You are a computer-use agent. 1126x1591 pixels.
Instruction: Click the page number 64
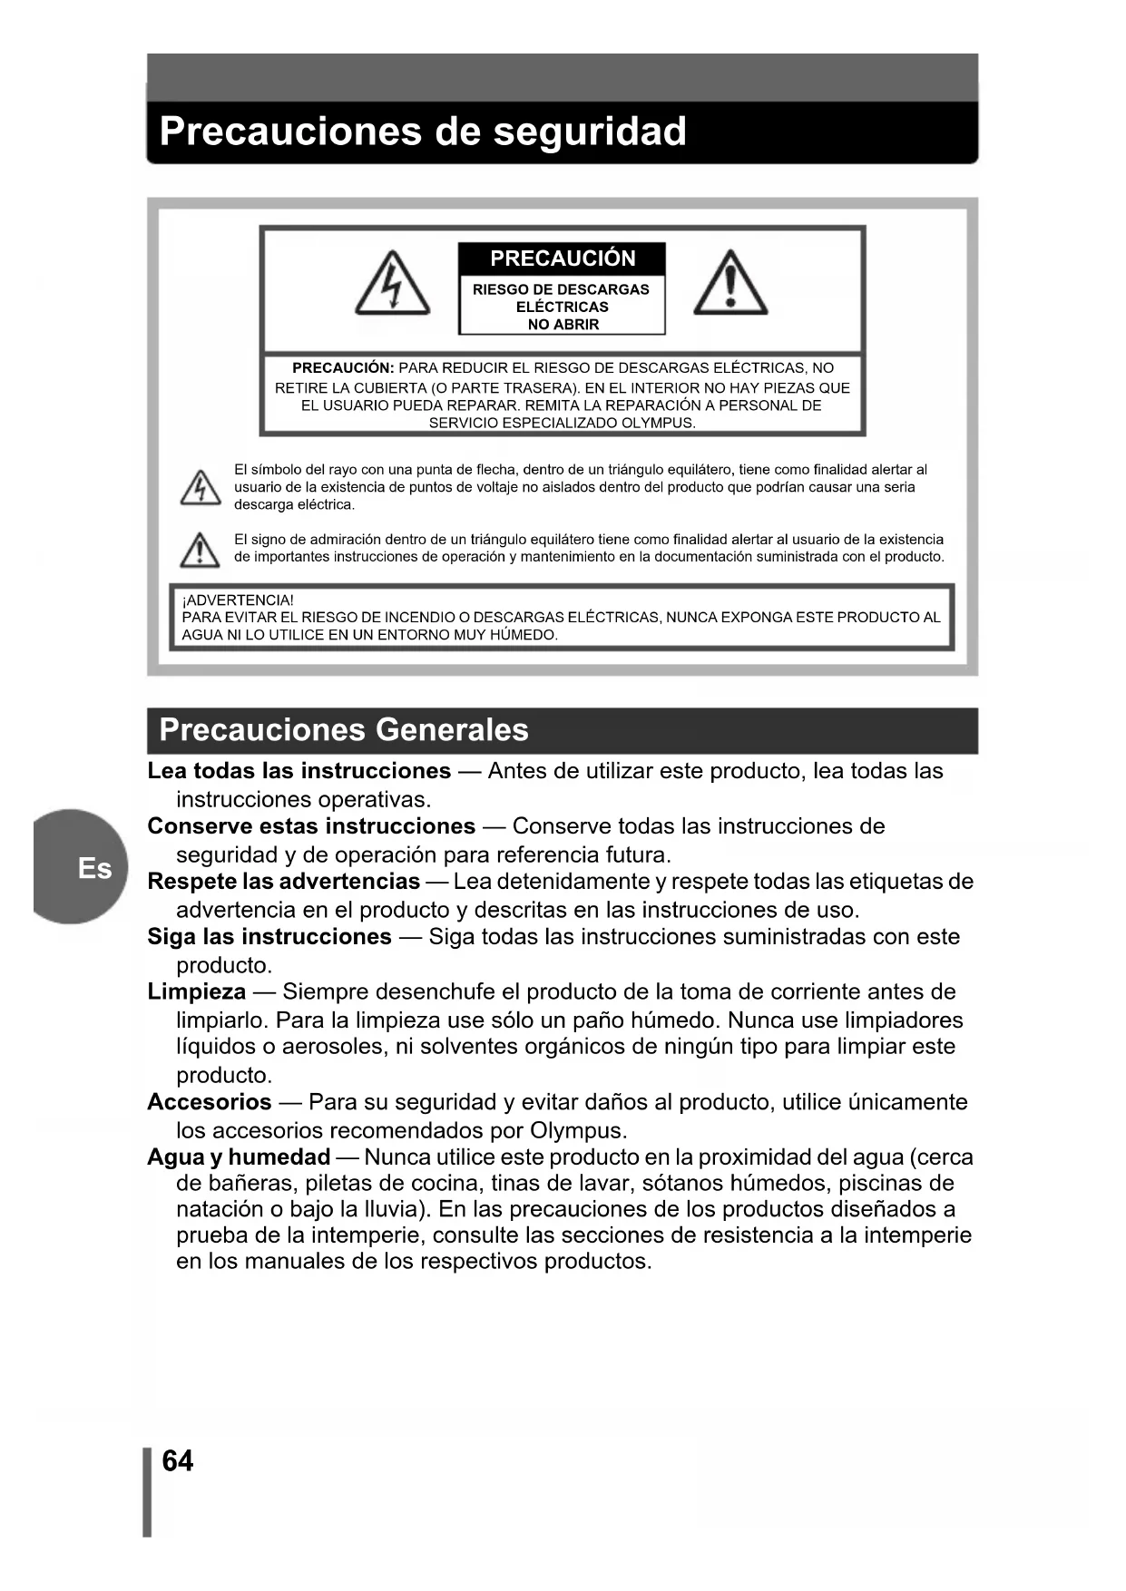tap(177, 1460)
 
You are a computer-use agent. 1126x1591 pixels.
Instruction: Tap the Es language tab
tap(93, 868)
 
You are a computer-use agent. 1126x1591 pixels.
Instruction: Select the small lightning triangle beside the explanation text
tap(200, 488)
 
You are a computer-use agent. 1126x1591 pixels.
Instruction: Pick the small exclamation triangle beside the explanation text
tap(200, 550)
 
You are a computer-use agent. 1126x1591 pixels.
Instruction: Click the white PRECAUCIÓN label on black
tap(563, 259)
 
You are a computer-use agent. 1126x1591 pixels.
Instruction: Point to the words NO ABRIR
tap(563, 325)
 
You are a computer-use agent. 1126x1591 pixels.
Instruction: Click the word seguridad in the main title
tap(589, 132)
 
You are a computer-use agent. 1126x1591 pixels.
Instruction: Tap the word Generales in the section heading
tap(451, 730)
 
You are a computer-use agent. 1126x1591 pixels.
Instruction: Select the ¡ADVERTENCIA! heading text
tap(238, 600)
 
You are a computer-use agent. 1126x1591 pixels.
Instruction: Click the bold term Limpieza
tap(196, 991)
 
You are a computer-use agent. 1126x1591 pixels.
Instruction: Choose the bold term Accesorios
tap(209, 1102)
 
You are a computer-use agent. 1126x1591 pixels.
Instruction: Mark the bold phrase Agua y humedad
tap(239, 1157)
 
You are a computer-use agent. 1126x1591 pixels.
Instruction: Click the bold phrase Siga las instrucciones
tap(269, 937)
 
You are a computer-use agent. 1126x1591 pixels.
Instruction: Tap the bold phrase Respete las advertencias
tap(283, 882)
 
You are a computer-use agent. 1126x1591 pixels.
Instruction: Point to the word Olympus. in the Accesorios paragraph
tap(579, 1130)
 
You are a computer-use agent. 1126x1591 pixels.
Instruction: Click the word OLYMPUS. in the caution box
tap(659, 423)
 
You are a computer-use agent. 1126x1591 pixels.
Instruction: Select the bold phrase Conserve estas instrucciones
tap(311, 826)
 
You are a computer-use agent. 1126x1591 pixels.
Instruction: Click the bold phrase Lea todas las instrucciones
tap(299, 771)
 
